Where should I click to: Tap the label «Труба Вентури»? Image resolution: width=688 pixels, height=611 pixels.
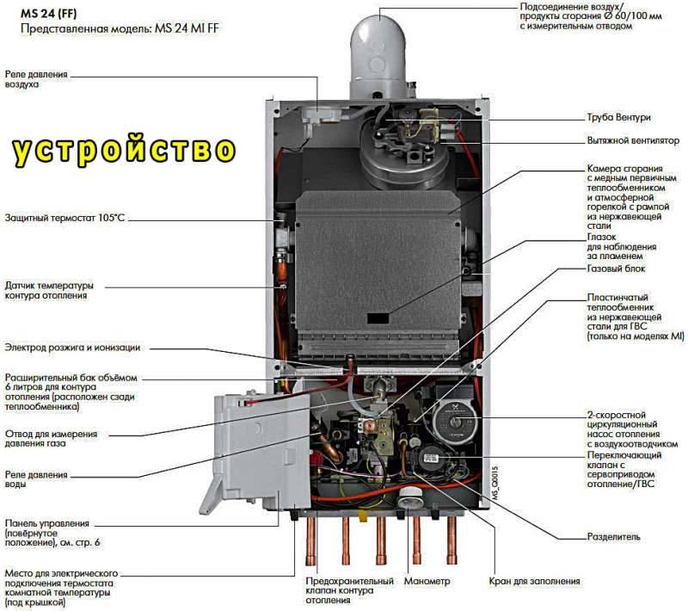point(617,117)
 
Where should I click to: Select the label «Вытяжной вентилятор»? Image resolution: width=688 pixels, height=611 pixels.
point(633,140)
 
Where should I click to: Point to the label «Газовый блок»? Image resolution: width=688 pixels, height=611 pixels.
point(616,268)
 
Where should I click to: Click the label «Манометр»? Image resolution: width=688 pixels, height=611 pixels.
point(427,581)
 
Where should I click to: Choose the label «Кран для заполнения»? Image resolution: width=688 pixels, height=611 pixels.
point(534,581)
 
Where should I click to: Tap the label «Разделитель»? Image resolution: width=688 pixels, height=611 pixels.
point(613,536)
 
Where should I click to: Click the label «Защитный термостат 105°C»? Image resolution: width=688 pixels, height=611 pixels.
point(64,218)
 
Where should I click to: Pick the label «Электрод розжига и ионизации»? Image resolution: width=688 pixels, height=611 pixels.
point(72,348)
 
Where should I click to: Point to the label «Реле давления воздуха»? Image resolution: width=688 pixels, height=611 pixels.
point(36,79)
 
